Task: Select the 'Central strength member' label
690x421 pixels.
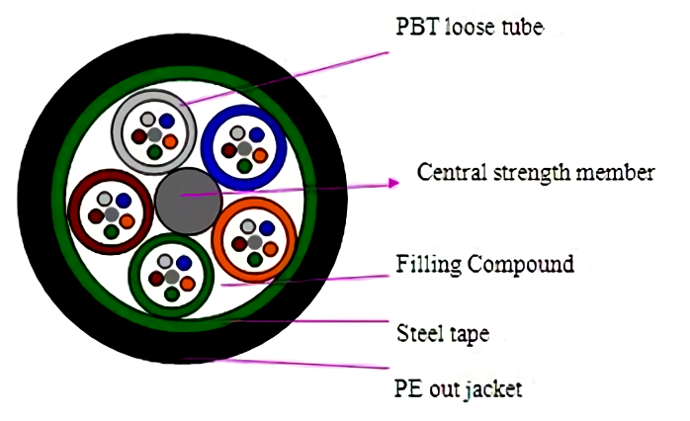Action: [x=536, y=173]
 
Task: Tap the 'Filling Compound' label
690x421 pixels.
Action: [x=484, y=265]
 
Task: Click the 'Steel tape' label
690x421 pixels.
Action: [x=442, y=333]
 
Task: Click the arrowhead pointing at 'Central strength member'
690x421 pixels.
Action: [x=392, y=183]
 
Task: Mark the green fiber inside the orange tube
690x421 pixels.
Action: [x=256, y=259]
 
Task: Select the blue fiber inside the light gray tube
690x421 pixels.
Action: [x=167, y=121]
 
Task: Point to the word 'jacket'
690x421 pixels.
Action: [x=494, y=388]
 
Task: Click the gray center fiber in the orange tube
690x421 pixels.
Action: [x=256, y=242]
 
